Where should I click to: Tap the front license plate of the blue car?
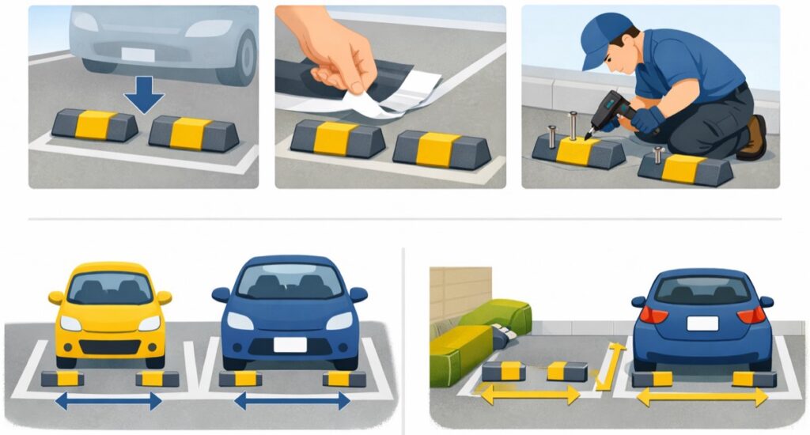click(289, 344)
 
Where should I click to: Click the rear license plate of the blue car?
click(702, 323)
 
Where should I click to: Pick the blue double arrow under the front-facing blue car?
click(292, 402)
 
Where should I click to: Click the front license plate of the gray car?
click(137, 54)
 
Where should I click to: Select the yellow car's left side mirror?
click(55, 297)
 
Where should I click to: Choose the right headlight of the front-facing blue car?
click(339, 320)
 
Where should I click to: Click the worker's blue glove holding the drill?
click(646, 120)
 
